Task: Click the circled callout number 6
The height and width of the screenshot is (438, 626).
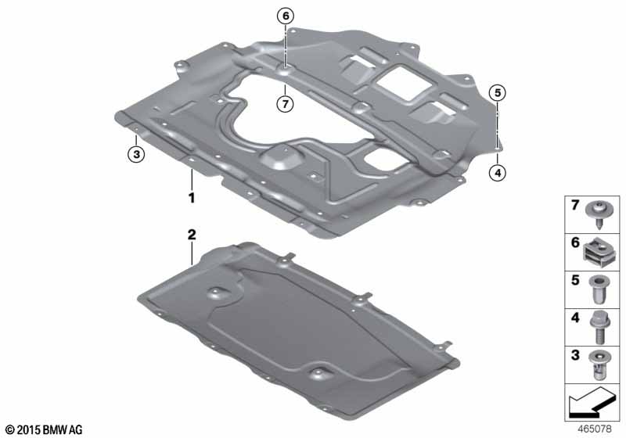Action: [x=286, y=16]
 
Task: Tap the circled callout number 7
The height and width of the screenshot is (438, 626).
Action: [x=285, y=105]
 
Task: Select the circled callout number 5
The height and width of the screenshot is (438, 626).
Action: [x=498, y=93]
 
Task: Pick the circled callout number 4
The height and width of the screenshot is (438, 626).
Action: [x=498, y=173]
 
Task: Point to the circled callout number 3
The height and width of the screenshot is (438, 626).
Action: [x=136, y=154]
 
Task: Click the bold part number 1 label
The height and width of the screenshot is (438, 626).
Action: [x=192, y=197]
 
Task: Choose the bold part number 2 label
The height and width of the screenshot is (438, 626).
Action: [x=192, y=235]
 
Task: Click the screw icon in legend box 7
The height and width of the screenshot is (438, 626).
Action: [x=599, y=214]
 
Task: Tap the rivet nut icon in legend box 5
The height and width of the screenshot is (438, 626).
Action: [x=599, y=289]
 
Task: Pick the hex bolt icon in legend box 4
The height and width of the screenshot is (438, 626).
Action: [x=599, y=327]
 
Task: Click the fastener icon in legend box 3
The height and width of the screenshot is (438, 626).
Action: [x=599, y=366]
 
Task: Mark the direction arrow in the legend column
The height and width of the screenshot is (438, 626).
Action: [x=592, y=402]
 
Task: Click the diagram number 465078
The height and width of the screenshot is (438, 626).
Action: [x=595, y=429]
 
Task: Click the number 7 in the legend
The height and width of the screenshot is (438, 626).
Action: [x=575, y=206]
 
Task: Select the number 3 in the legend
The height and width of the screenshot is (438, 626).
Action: [x=575, y=354]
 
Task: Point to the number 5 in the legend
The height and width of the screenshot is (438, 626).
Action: [x=575, y=280]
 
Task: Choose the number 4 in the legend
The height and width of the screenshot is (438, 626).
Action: [x=575, y=318]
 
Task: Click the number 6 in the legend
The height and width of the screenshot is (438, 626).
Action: [x=575, y=242]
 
